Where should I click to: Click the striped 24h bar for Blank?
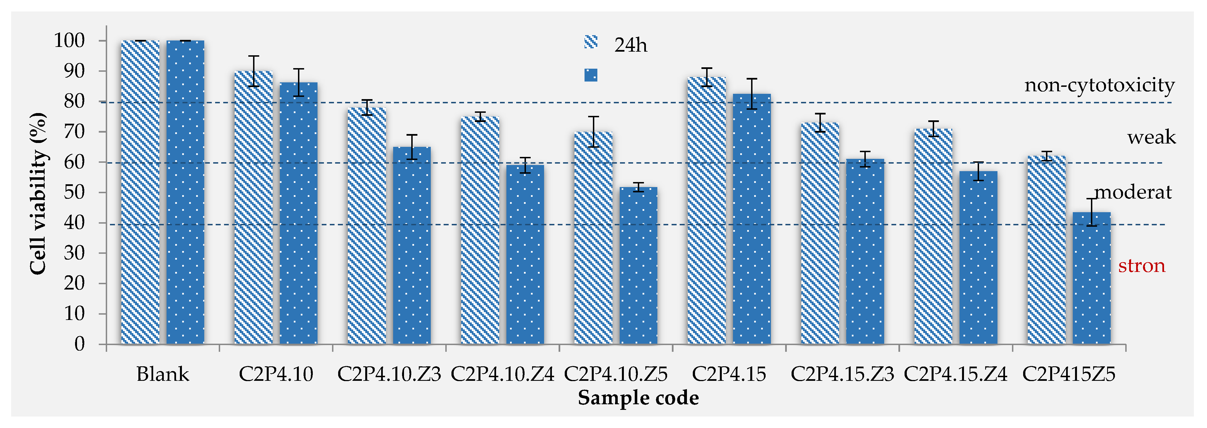tap(140, 192)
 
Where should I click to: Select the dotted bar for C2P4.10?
tap(299, 213)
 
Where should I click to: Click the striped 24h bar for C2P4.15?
tap(706, 211)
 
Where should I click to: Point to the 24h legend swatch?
tap(591, 42)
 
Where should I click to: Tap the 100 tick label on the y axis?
tap(69, 41)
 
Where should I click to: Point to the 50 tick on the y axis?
tap(75, 192)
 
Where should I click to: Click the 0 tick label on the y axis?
tap(80, 344)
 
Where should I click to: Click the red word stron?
tap(1141, 266)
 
